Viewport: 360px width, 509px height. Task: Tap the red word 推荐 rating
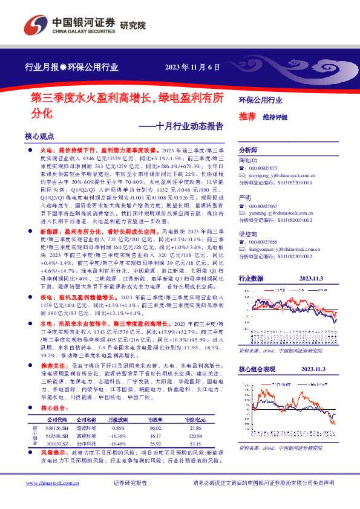pos(246,116)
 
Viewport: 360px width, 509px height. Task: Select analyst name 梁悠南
pos(246,233)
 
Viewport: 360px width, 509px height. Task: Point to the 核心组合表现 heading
pos(257,369)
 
